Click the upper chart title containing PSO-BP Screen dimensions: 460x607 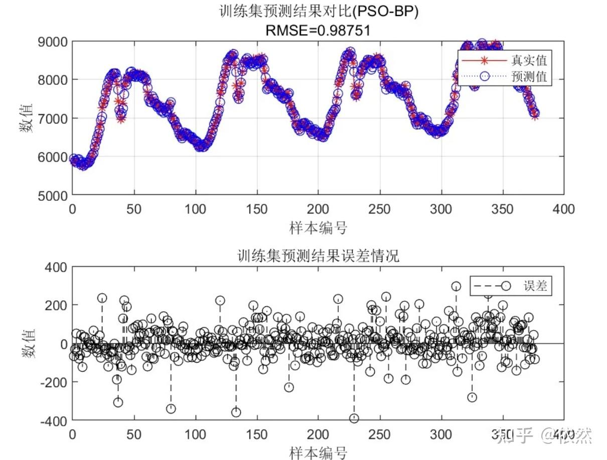(x=319, y=13)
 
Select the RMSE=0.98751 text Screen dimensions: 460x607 (x=319, y=31)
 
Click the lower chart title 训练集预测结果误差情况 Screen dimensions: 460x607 (x=319, y=256)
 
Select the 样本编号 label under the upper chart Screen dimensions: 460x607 (x=319, y=228)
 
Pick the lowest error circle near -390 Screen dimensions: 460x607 (x=354, y=418)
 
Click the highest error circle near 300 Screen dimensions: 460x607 (x=456, y=286)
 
